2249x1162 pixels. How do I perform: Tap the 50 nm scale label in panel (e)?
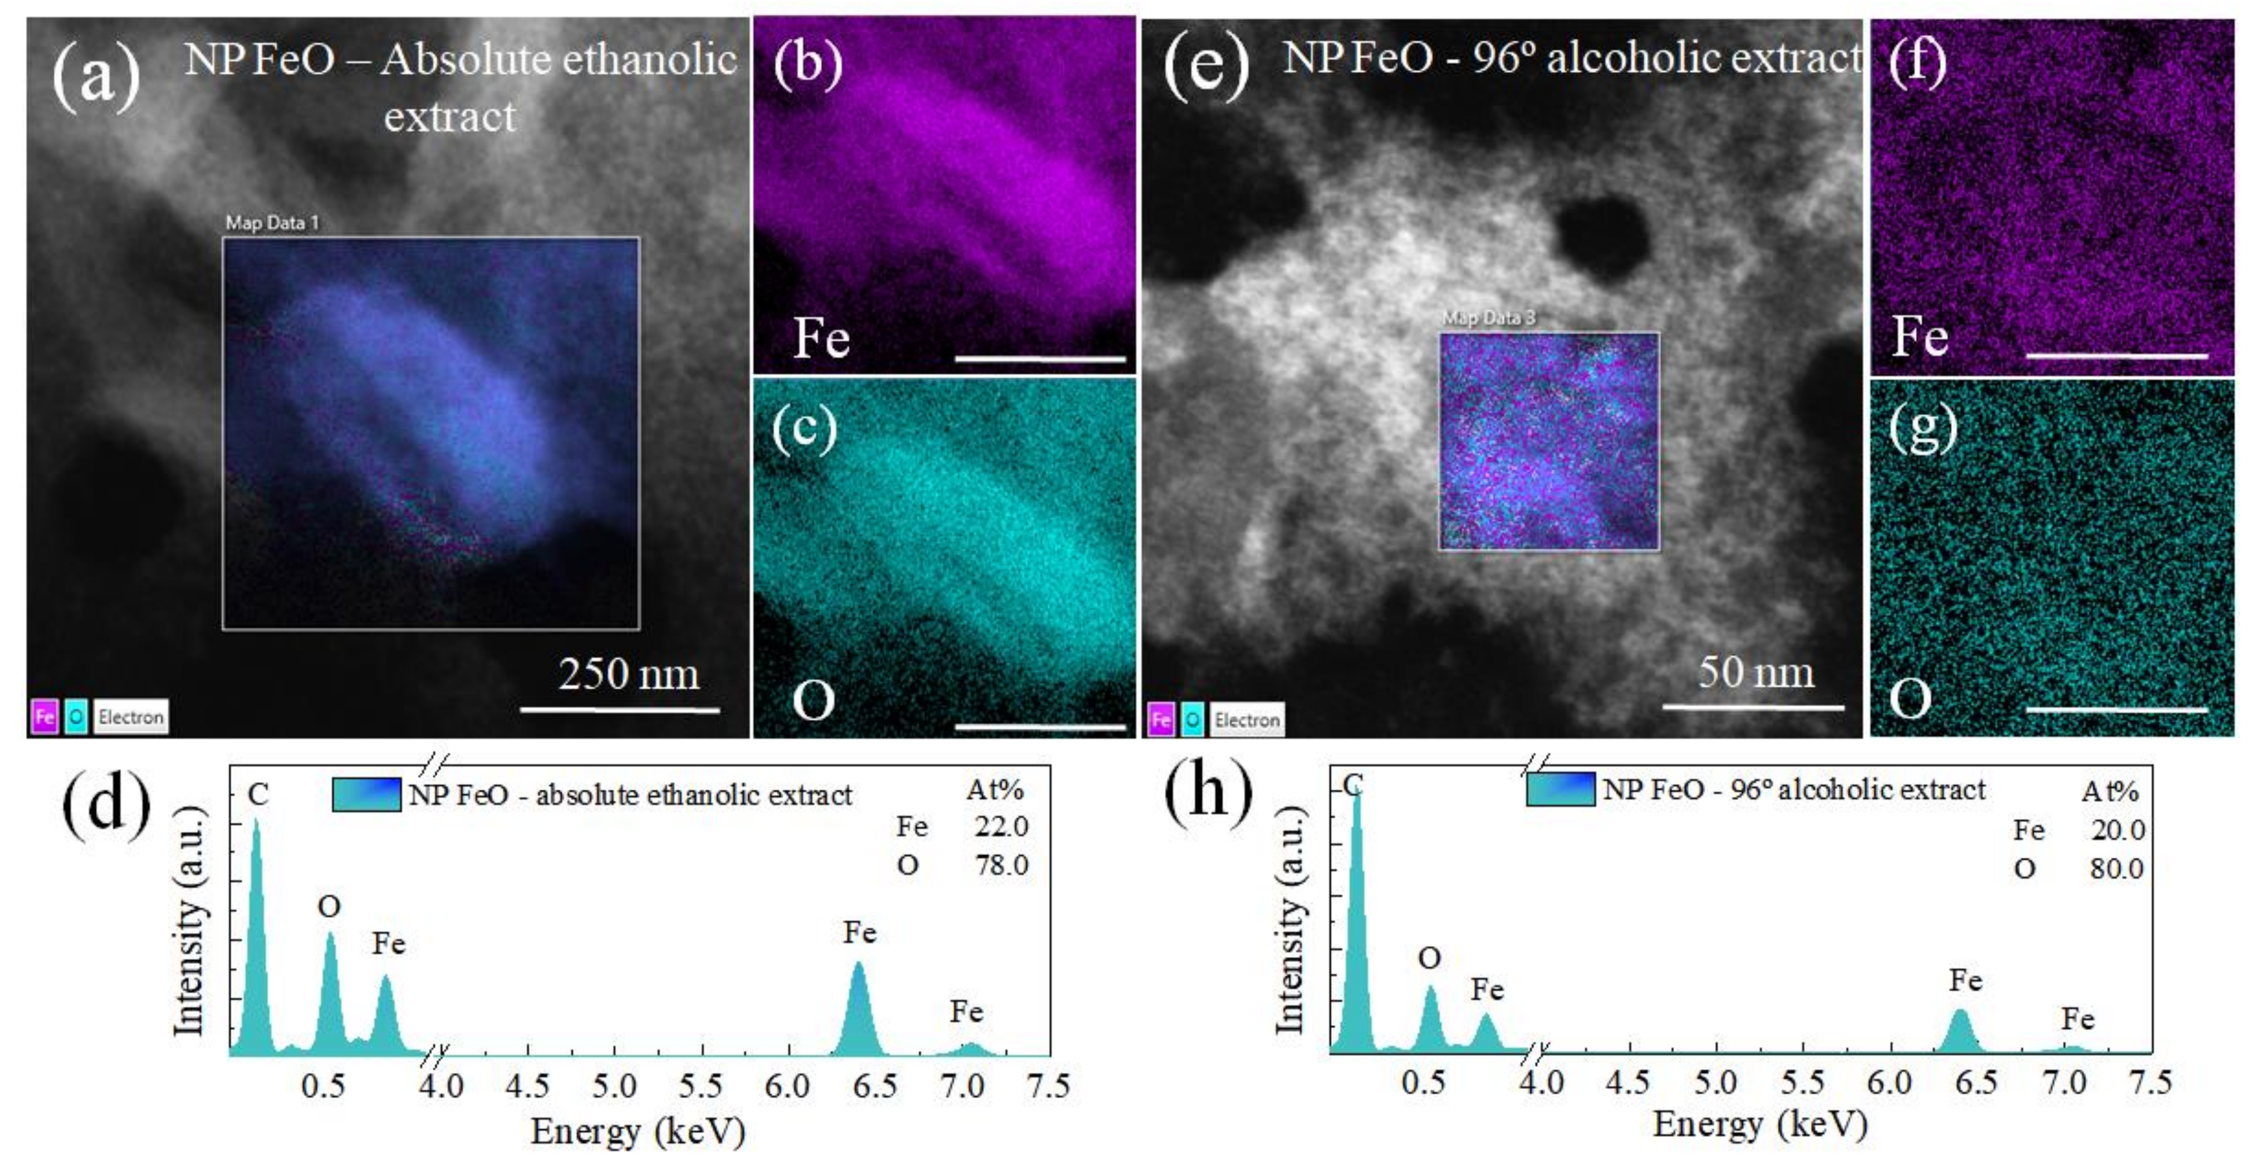click(1755, 672)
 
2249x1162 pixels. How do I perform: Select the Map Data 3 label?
click(1488, 318)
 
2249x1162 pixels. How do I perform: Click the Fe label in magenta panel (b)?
click(821, 338)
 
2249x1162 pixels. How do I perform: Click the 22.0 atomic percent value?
click(1002, 826)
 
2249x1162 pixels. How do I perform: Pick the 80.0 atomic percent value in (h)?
click(2117, 868)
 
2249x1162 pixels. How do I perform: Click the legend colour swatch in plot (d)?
click(366, 794)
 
